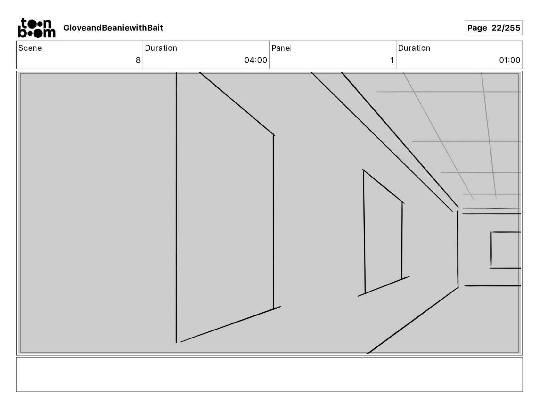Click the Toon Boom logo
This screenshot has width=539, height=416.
point(36,28)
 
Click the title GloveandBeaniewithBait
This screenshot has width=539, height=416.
point(113,28)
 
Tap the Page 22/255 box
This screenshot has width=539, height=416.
point(493,28)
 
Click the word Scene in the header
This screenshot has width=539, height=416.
point(30,48)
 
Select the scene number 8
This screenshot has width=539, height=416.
point(138,60)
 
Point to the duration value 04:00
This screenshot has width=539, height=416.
point(256,60)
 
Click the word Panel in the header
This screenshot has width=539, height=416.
point(281,48)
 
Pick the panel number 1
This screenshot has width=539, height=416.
point(392,60)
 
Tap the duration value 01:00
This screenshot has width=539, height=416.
point(509,60)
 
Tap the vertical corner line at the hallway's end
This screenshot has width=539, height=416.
point(458,248)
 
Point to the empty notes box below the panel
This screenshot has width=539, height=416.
point(269,374)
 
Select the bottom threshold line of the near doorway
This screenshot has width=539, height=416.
point(230,324)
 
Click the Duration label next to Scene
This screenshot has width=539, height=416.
point(161,48)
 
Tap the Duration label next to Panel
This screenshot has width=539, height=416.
point(414,48)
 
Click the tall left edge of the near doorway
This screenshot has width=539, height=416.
point(176,207)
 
